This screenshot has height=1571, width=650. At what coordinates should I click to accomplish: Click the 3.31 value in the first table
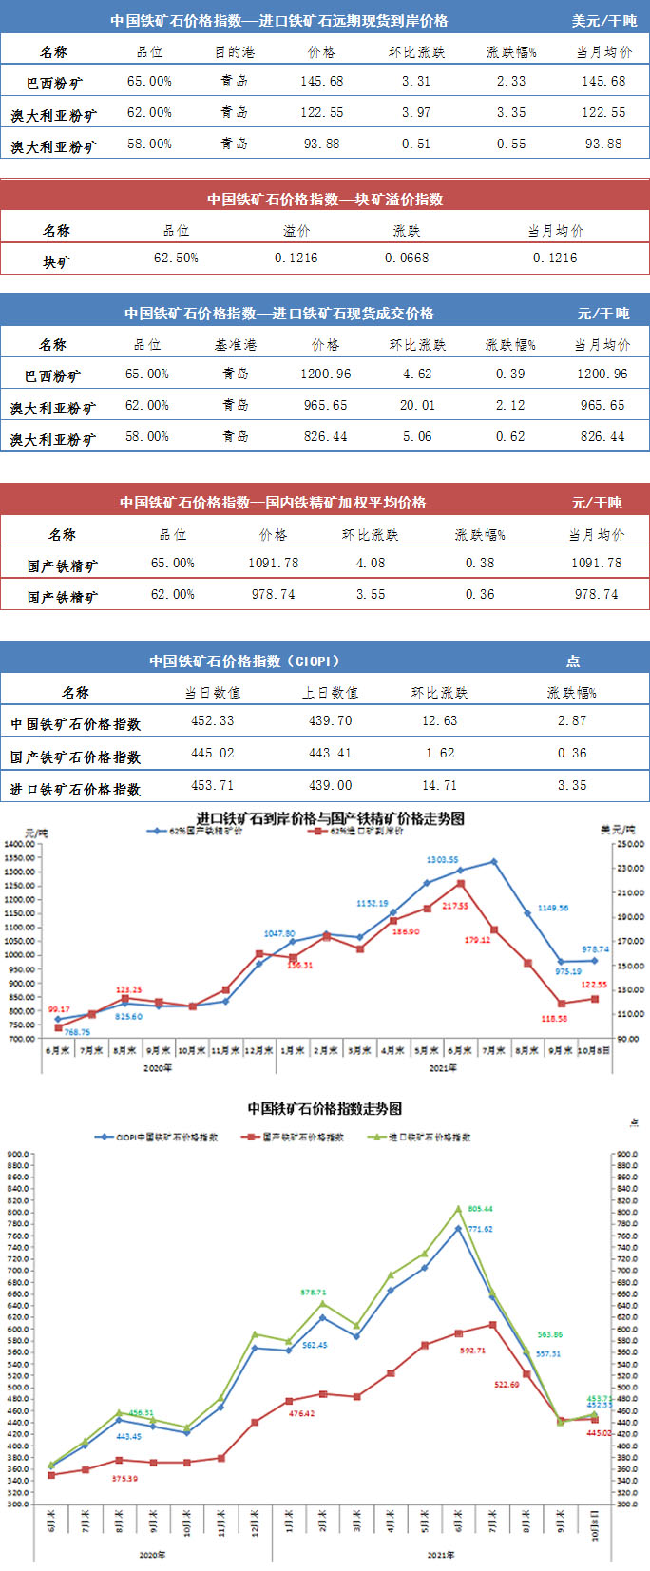415,82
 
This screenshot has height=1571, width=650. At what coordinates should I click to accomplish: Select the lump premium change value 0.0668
406,259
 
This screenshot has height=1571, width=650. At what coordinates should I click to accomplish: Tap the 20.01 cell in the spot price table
417,406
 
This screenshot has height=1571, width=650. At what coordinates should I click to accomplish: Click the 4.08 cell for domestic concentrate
371,564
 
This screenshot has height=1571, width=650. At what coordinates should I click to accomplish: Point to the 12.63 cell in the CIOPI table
439,721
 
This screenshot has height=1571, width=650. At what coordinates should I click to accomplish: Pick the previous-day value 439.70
330,721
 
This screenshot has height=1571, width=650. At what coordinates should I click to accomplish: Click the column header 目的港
234,52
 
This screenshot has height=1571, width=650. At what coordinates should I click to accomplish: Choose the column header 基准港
235,345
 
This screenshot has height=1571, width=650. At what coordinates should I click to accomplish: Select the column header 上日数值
330,693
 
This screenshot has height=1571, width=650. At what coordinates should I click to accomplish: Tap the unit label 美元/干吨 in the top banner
603,21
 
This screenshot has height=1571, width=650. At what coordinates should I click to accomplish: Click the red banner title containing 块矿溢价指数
325,200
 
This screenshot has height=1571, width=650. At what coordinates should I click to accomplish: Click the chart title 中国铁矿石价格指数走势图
324,1108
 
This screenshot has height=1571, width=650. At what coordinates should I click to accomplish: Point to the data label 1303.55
442,861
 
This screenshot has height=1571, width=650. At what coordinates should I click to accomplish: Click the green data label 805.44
480,1209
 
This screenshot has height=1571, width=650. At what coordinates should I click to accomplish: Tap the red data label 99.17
59,1009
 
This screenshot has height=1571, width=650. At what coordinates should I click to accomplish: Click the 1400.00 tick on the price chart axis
19,844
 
